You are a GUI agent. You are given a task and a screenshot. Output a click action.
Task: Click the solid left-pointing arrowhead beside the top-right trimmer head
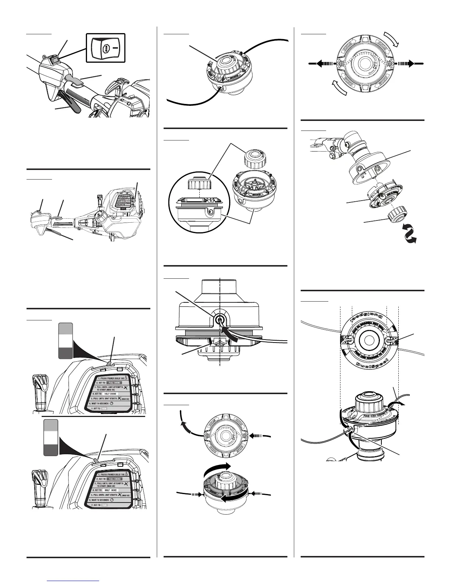(320, 63)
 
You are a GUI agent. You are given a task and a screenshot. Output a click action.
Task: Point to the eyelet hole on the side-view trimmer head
(220, 320)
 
